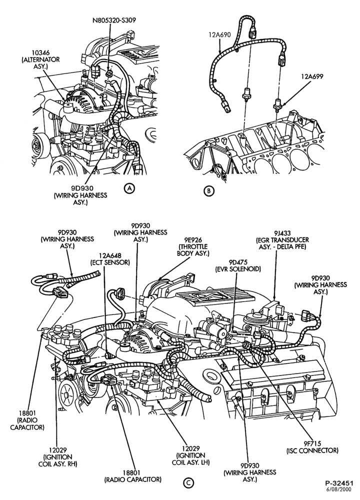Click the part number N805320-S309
[x=114, y=20]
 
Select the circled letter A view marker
[x=129, y=188]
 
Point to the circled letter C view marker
[x=188, y=483]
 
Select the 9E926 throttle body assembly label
[x=193, y=246]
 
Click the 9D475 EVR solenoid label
[x=237, y=265]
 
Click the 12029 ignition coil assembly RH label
[x=57, y=457]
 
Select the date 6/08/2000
[x=342, y=489]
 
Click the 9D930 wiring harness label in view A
[x=80, y=195]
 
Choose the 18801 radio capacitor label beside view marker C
[x=132, y=476]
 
